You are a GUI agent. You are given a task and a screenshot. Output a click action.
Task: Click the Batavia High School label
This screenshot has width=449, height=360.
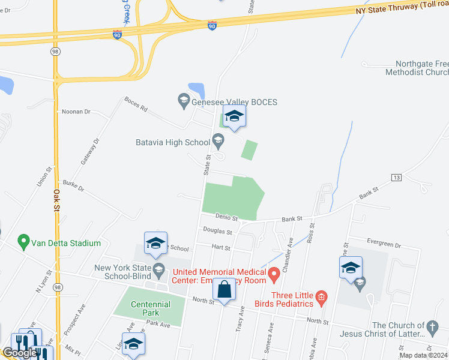pyautogui.click(x=173, y=142)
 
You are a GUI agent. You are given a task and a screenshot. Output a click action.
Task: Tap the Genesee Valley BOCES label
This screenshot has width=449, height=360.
pyautogui.click(x=234, y=102)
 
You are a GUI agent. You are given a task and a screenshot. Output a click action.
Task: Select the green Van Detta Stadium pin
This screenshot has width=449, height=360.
pyautogui.click(x=24, y=243)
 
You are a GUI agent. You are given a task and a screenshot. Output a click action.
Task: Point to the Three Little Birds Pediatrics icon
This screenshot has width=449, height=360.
pyautogui.click(x=321, y=296)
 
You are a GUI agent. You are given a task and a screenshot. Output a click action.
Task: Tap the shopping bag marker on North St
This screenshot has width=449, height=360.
pyautogui.click(x=224, y=290)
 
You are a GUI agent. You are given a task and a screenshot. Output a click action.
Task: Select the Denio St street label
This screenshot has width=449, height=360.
pyautogui.click(x=227, y=218)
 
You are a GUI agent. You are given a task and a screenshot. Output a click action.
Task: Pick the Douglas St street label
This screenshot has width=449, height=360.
pyautogui.click(x=217, y=231)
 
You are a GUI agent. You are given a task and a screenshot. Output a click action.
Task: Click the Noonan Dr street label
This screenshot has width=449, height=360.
pyautogui.click(x=76, y=112)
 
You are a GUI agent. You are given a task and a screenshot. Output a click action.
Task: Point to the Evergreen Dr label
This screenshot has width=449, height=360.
pyautogui.click(x=386, y=245)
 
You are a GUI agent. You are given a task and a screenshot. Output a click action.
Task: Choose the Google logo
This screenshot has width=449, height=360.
pyautogui.click(x=19, y=353)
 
